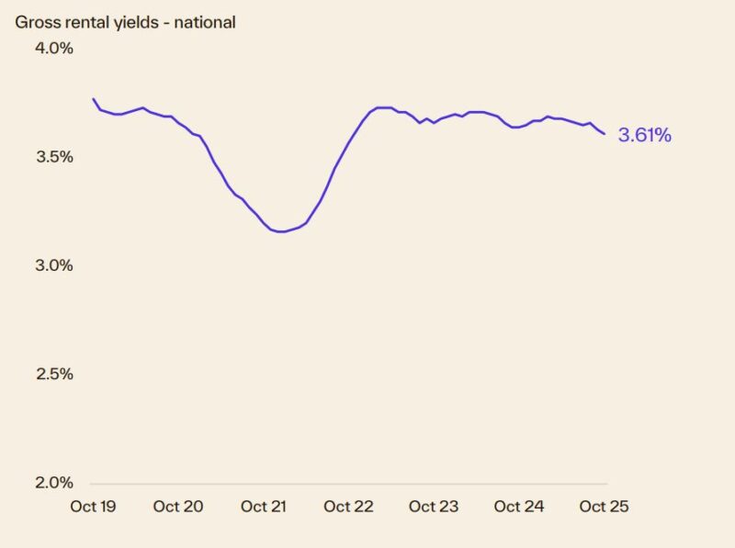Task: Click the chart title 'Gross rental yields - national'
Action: [x=125, y=22]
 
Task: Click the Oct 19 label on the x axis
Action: [x=93, y=507]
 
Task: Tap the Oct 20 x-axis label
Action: [x=178, y=507]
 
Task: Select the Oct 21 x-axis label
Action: [x=264, y=507]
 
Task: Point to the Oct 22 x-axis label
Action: [x=349, y=507]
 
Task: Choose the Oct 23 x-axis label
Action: [x=434, y=507]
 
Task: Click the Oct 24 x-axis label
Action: [x=519, y=507]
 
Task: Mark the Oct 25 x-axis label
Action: [x=605, y=507]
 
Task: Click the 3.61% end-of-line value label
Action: [x=645, y=136]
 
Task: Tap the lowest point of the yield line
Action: [x=282, y=232]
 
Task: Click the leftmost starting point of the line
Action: [x=93, y=98]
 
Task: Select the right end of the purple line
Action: [x=605, y=134]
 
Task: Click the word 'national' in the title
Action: [x=204, y=22]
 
